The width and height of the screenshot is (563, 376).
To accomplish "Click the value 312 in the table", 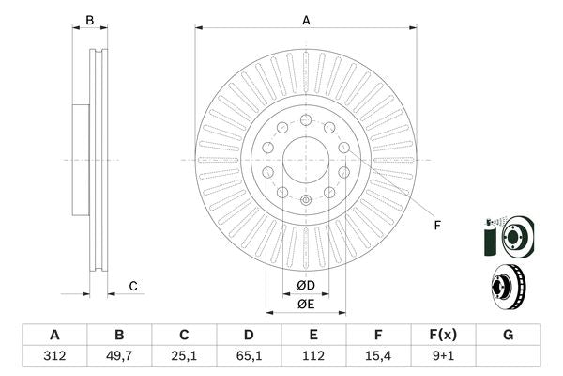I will pyautogui.click(x=54, y=355).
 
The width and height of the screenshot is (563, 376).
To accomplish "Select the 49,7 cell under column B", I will pyautogui.click(x=119, y=355).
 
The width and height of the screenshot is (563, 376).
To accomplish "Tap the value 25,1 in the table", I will pyautogui.click(x=185, y=355).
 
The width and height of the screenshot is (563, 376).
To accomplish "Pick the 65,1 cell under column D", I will pyautogui.click(x=249, y=355).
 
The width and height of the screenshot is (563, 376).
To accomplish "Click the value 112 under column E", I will pyautogui.click(x=313, y=355).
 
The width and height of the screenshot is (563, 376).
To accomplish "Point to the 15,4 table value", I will pyautogui.click(x=378, y=355).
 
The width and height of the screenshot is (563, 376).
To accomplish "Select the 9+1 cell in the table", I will pyautogui.click(x=443, y=355).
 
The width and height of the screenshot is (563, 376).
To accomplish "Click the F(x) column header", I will pyautogui.click(x=443, y=335).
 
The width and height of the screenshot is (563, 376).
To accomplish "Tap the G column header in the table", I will pyautogui.click(x=508, y=335).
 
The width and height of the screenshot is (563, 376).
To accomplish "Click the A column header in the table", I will pyautogui.click(x=54, y=335).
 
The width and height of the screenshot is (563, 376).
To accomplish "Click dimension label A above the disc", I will pyautogui.click(x=306, y=19).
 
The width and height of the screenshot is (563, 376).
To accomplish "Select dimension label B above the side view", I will pyautogui.click(x=90, y=19).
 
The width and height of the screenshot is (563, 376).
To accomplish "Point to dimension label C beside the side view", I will pyautogui.click(x=133, y=286).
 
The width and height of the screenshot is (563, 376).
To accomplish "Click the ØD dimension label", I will pyautogui.click(x=306, y=285).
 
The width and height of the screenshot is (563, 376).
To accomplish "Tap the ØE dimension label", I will pyautogui.click(x=306, y=304).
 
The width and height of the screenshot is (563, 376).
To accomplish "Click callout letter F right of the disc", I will pyautogui.click(x=436, y=225).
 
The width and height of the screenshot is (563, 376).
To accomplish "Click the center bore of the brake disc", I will pyautogui.click(x=306, y=160).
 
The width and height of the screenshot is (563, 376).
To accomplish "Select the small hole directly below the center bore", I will pyautogui.click(x=306, y=200).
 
